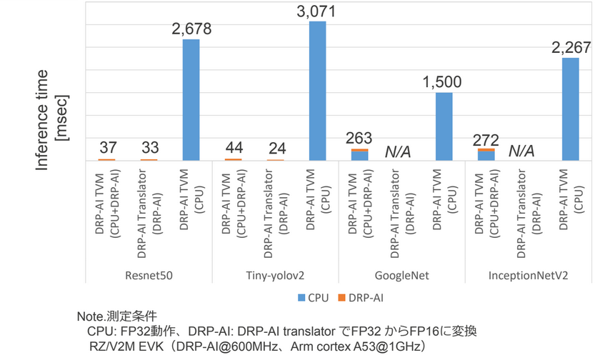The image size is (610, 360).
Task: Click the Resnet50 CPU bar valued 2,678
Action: click(x=191, y=100)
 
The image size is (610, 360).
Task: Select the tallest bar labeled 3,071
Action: click(x=317, y=91)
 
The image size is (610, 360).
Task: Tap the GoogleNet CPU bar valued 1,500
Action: click(x=444, y=126)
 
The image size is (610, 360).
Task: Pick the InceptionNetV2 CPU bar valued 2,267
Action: click(x=570, y=109)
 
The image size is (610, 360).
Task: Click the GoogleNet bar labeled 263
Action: click(x=359, y=155)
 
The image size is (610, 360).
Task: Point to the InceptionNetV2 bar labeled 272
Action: click(x=486, y=154)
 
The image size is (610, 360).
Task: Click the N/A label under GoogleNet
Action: click(x=401, y=151)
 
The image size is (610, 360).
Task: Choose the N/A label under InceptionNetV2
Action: click(x=527, y=151)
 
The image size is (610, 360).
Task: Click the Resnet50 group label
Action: click(x=149, y=275)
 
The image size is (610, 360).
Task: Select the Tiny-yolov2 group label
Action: click(x=275, y=275)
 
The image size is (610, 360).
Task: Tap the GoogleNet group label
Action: click(x=401, y=275)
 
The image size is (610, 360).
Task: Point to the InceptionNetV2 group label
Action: click(x=528, y=275)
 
